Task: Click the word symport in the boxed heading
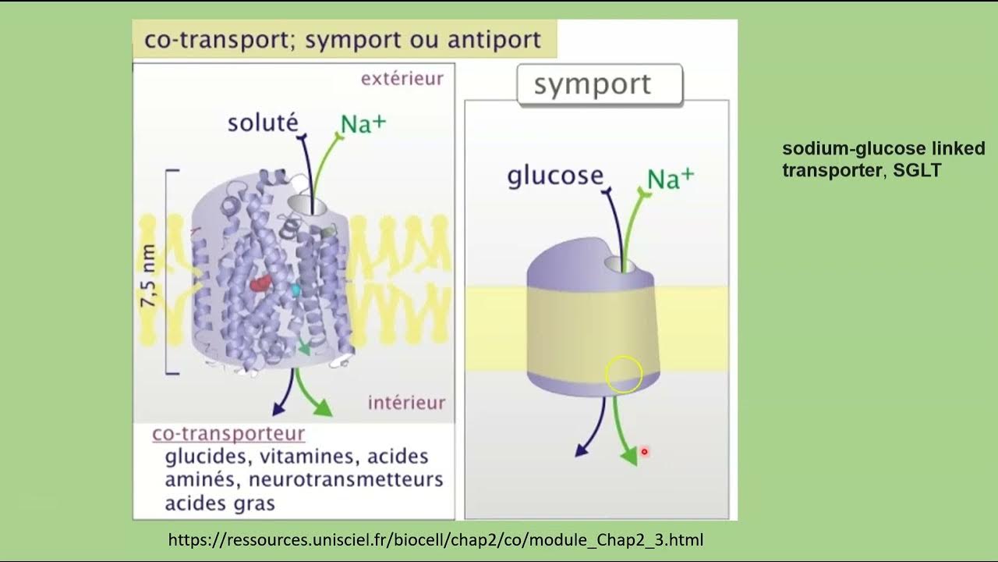coord(592,85)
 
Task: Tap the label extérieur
coord(402,79)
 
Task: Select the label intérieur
coord(406,403)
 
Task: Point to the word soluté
coord(263,123)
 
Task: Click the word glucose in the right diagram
coord(555,176)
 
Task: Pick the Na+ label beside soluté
coord(363,124)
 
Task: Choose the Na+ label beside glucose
coord(670,180)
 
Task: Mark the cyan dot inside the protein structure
coord(296,290)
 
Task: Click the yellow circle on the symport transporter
coord(624,374)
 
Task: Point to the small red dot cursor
coord(644,451)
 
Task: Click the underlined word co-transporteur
coord(228,434)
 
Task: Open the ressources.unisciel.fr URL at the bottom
coord(436,539)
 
